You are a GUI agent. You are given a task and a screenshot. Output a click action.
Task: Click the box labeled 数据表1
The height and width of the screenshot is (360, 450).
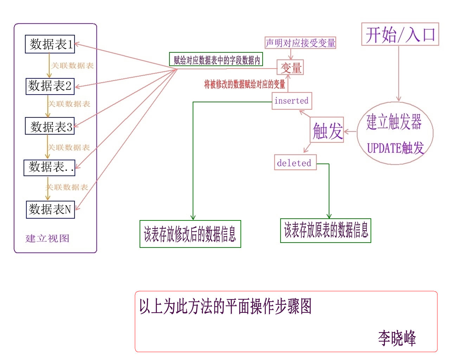point(50,44)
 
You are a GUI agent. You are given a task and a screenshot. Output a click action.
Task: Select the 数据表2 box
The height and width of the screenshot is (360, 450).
point(50,86)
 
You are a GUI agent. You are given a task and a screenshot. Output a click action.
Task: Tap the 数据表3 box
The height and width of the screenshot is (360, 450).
point(50,126)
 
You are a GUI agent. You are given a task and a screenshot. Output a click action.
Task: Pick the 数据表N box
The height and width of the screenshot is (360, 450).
point(50,210)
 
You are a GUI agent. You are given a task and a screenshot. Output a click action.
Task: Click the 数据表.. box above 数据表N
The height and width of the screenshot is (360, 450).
point(50,168)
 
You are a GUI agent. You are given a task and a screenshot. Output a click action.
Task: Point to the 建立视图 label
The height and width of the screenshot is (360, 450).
point(47,238)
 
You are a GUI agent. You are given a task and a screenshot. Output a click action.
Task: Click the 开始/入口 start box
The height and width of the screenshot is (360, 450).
point(400,34)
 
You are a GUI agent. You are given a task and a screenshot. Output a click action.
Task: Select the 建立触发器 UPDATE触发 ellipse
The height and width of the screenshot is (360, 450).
point(395,133)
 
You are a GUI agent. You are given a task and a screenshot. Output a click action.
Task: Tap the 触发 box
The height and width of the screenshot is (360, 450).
point(327,130)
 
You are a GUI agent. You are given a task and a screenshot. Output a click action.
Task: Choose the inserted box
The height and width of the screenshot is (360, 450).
point(291,101)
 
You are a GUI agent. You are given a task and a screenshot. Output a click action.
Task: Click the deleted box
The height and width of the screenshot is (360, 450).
point(295,162)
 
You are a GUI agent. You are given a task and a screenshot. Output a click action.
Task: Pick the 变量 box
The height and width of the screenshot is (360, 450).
point(290,67)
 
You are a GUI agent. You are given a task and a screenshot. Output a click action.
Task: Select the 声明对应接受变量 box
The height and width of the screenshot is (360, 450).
point(300,43)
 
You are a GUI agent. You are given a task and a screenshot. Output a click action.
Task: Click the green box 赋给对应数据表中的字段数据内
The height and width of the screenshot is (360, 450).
point(216,60)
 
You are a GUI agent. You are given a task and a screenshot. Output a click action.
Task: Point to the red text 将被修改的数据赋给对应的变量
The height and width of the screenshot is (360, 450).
point(245,84)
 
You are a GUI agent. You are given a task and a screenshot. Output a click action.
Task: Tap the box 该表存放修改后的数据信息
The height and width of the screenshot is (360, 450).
point(190,234)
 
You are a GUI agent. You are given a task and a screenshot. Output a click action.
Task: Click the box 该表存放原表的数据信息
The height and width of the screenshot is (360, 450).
point(326,230)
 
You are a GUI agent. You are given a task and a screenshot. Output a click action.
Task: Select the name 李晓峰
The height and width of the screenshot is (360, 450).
point(397,338)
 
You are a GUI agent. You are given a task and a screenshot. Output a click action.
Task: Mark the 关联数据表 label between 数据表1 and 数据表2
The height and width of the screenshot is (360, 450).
point(72,65)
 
